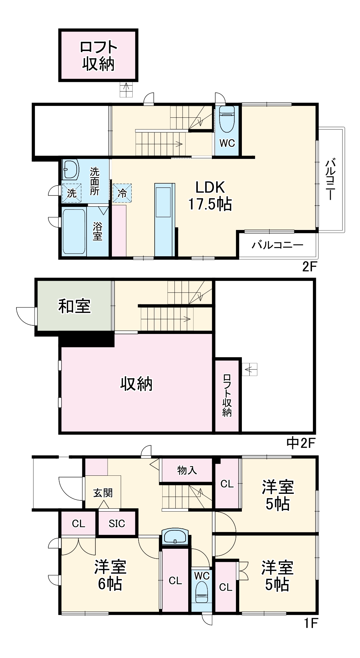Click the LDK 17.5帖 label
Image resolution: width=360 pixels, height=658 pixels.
[x=210, y=196]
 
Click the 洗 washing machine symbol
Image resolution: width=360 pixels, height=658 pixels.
[x=72, y=193]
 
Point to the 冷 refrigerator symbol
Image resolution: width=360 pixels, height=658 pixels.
[x=122, y=193]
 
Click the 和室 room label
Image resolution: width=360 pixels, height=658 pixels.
[x=74, y=306]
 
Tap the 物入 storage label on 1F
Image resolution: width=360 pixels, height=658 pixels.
[x=187, y=470]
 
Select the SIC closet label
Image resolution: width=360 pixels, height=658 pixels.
[x=117, y=523]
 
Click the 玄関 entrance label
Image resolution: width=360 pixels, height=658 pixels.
[x=103, y=493]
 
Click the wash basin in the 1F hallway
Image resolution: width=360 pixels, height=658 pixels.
[x=175, y=537]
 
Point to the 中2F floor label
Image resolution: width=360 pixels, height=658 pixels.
[x=300, y=443]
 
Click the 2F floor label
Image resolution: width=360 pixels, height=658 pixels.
[x=309, y=266]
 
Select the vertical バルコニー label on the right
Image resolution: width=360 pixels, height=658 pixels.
[x=331, y=179]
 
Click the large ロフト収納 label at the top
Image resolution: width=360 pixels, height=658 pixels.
[x=98, y=55]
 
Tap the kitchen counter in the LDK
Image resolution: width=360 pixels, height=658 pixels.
[x=164, y=219]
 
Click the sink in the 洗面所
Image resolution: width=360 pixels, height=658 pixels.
[x=70, y=169]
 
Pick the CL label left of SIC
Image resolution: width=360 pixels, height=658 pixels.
[x=78, y=523]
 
